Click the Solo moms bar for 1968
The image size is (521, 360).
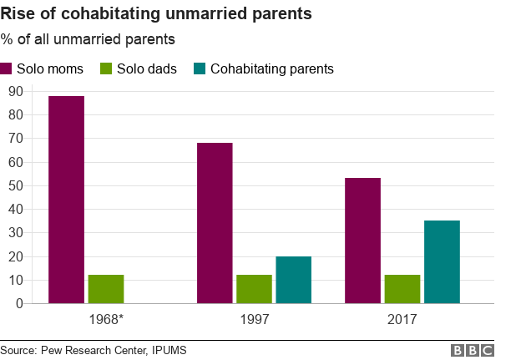click(x=66, y=200)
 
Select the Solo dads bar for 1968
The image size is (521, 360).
click(x=106, y=289)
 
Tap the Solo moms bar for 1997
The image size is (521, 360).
click(x=215, y=223)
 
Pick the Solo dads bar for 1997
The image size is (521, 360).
click(x=254, y=289)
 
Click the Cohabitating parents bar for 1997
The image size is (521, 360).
click(x=293, y=280)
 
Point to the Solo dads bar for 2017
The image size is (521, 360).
click(x=402, y=289)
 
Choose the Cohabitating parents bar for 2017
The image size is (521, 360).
click(x=442, y=262)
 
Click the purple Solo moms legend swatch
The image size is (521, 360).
click(x=8, y=68)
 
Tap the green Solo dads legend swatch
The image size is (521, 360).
click(x=108, y=68)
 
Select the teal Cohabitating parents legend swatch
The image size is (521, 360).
click(x=200, y=68)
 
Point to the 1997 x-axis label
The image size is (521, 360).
click(x=254, y=319)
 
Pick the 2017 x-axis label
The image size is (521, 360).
click(x=402, y=319)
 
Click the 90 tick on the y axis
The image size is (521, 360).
click(x=14, y=90)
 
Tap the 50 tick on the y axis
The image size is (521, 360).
click(x=14, y=185)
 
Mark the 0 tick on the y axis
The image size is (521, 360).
click(x=18, y=304)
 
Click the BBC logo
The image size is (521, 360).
click(x=473, y=350)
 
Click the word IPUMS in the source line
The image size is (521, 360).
click(x=165, y=350)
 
